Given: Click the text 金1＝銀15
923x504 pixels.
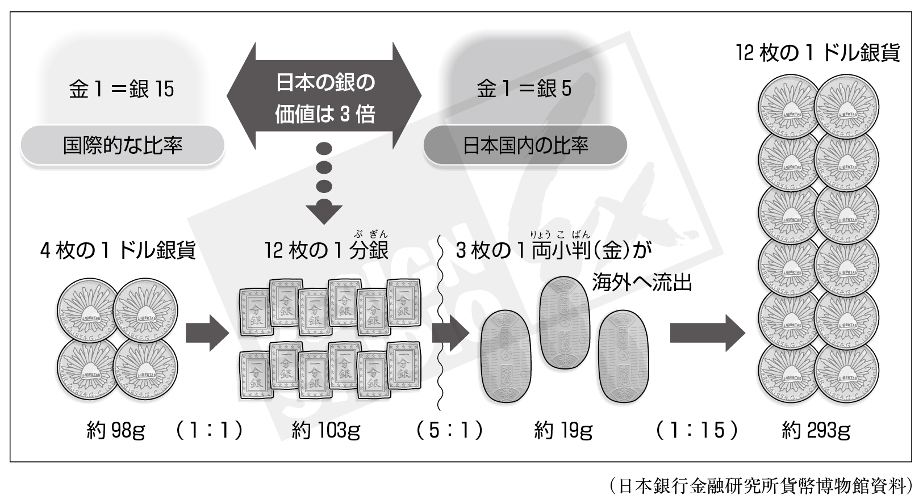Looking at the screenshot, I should click(122, 89).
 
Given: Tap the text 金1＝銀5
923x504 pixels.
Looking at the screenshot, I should click(524, 89).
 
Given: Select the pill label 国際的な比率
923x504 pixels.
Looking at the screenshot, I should click(123, 146).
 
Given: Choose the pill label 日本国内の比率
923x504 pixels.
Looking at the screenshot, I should click(525, 146).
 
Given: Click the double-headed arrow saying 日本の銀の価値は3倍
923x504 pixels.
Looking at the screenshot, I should click(324, 98).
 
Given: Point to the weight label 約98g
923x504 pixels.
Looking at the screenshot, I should click(116, 431).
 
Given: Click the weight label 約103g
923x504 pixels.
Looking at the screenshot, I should click(326, 431).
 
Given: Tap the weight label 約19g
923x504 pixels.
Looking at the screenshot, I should click(563, 431).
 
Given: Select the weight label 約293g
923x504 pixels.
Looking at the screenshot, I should click(816, 431).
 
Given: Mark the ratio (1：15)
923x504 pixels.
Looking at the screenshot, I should click(696, 431).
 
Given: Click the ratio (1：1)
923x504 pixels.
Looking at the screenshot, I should click(208, 431).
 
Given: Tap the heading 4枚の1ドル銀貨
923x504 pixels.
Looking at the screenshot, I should click(118, 250).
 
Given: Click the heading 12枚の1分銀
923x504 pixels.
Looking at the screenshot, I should click(326, 250).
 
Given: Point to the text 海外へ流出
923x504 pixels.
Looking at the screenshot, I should click(642, 282).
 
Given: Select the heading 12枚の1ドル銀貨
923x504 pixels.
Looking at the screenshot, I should click(817, 53).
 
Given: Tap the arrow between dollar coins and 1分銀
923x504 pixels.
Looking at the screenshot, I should click(206, 334).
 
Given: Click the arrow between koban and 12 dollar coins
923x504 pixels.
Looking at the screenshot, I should click(707, 334).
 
